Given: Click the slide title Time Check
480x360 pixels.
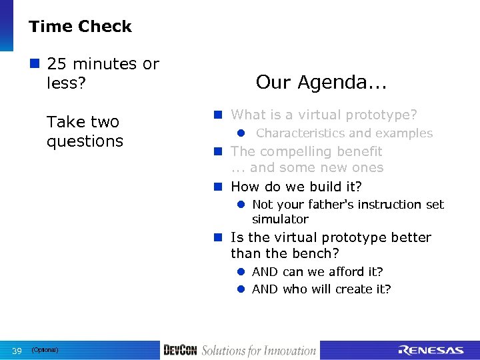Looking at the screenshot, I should point(80,27).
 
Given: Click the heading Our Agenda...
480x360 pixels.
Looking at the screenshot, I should point(321,83).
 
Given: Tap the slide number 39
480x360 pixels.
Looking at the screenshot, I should point(17,351).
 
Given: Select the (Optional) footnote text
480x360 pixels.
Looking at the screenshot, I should point(45,350).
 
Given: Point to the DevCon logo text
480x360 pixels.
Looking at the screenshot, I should point(180,351).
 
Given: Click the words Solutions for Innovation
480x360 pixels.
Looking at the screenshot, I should point(259,351).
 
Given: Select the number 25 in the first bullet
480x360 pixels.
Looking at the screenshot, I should point(57,65).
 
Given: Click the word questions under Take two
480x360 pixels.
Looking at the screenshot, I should point(85,141).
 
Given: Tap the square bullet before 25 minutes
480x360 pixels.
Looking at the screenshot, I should point(35,65).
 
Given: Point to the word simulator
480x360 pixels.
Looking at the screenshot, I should point(280,219).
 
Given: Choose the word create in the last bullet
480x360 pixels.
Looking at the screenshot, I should point(357,289).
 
